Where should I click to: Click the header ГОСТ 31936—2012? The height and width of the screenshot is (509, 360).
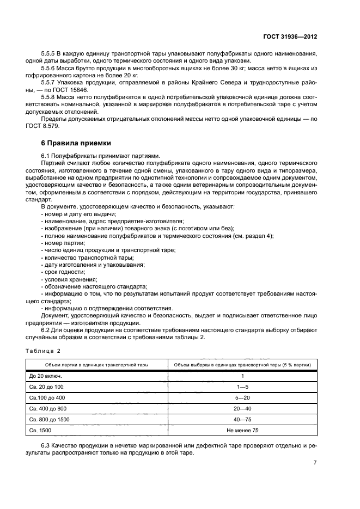point(289,37)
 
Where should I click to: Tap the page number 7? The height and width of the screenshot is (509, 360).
point(315,463)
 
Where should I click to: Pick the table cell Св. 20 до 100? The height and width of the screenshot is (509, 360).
point(47,387)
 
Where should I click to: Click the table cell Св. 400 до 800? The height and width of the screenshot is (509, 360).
point(48,408)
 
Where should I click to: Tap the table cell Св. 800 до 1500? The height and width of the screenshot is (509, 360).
point(50,419)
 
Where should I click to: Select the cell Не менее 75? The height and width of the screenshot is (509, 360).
point(242,430)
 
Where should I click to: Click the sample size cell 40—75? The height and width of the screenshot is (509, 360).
point(242,419)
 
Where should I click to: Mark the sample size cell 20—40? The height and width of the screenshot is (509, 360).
point(242,408)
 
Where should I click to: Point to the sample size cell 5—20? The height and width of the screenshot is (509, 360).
point(242,397)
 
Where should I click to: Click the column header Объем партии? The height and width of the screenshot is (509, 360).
point(96,364)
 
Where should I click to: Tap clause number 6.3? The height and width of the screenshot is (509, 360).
point(46,446)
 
